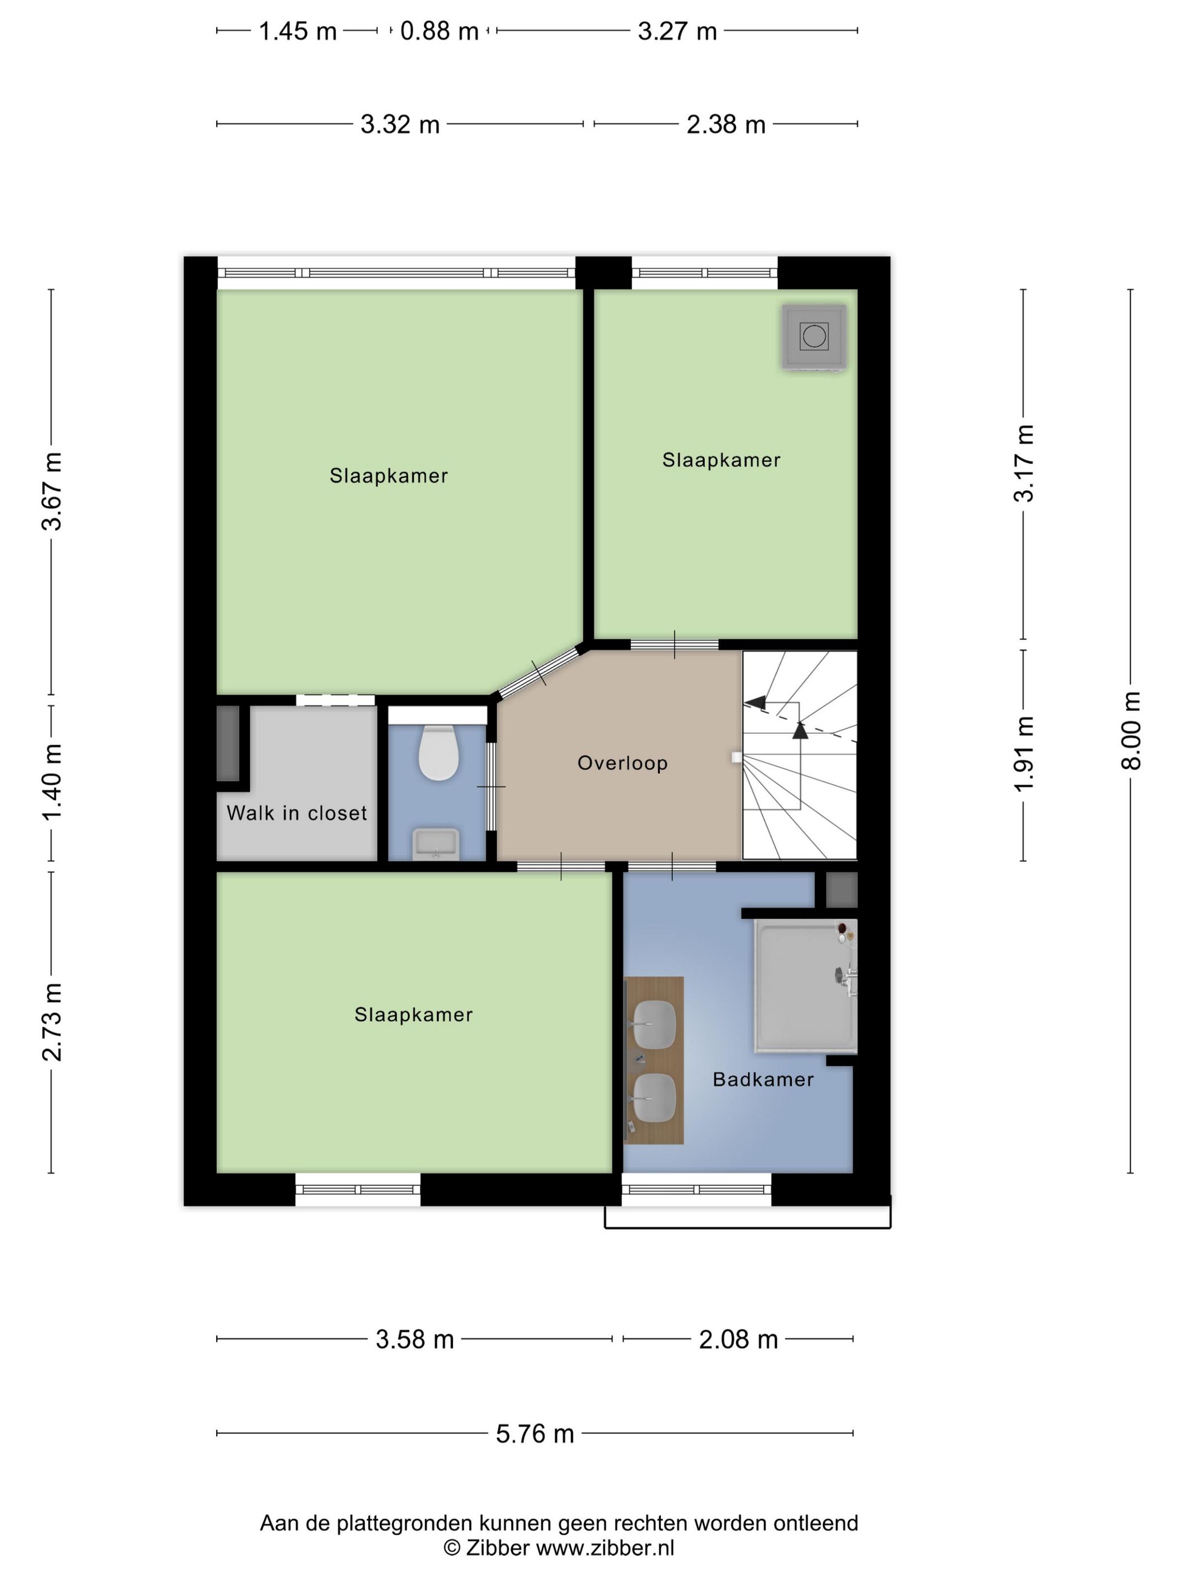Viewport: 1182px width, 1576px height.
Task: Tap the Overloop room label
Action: [622, 763]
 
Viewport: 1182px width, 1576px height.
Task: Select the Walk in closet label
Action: [297, 813]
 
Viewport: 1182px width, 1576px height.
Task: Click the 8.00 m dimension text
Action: [1131, 730]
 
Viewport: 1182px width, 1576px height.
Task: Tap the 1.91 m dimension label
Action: [1024, 754]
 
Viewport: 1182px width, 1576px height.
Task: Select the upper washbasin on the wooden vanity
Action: [654, 1024]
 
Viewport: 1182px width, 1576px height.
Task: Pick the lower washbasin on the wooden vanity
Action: [654, 1098]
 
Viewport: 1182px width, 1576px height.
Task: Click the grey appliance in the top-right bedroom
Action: [814, 337]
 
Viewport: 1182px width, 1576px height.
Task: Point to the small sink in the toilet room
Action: [436, 844]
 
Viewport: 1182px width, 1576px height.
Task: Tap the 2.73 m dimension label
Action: [52, 1022]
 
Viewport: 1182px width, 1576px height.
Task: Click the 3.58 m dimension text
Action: [415, 1340]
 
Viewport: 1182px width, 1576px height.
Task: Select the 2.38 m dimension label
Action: [726, 125]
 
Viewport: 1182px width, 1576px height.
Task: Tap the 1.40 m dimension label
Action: [52, 782]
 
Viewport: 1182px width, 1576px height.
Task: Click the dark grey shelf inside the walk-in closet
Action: [228, 743]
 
